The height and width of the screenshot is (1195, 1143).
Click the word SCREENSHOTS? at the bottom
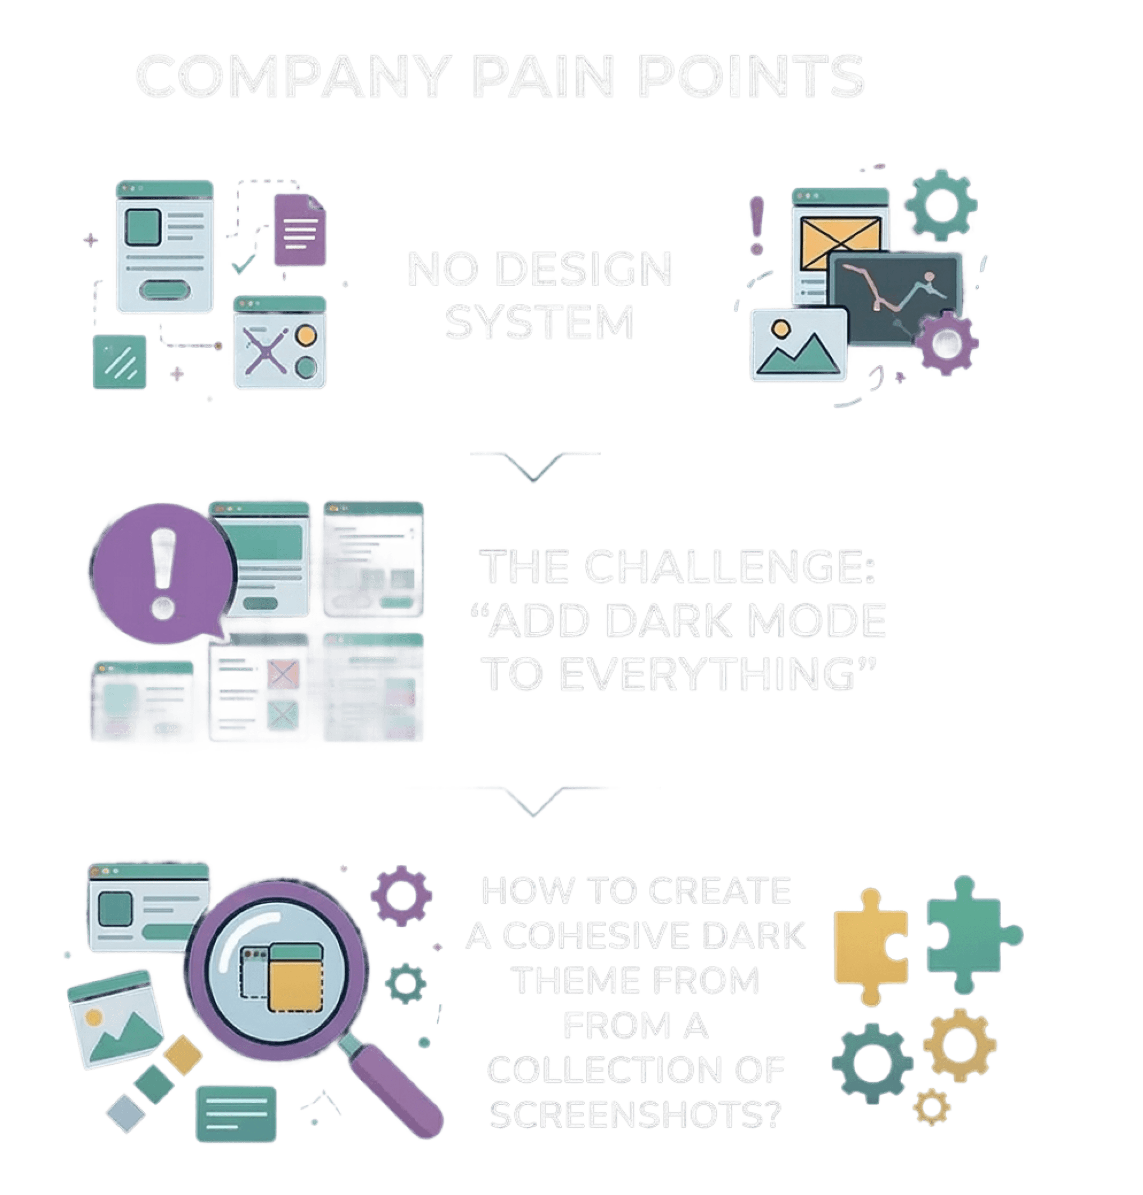pyautogui.click(x=634, y=1115)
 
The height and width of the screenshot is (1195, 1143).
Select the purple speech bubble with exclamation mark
pyautogui.click(x=162, y=573)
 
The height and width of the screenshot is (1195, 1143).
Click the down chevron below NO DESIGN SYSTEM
pyautogui.click(x=534, y=467)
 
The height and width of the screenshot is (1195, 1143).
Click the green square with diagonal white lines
pyautogui.click(x=120, y=362)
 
